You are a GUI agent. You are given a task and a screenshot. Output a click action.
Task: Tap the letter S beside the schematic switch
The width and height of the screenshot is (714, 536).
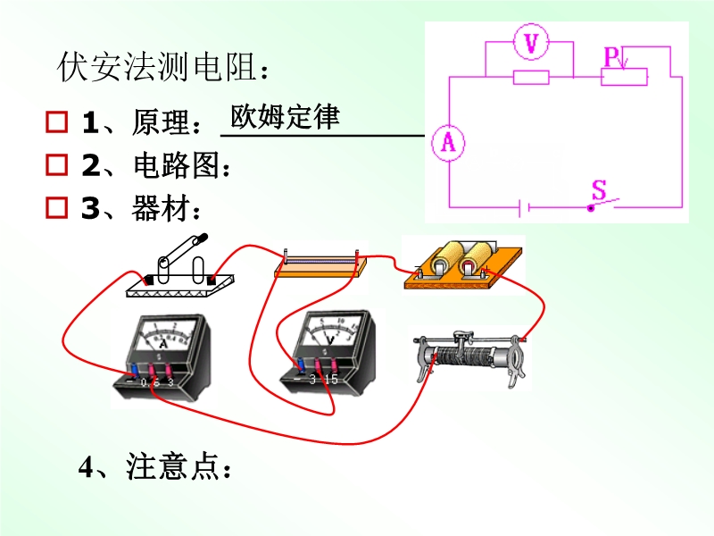599,189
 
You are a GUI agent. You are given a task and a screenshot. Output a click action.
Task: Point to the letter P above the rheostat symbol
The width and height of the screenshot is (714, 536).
611,56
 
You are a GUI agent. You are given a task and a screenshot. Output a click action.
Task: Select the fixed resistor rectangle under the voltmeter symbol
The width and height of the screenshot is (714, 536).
531,78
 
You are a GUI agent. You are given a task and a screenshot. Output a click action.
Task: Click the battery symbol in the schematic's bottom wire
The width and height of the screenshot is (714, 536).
526,208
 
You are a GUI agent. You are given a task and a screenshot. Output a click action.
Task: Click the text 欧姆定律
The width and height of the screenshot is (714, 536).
285,117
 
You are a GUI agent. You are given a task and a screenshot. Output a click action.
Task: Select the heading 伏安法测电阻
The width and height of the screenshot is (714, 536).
161,67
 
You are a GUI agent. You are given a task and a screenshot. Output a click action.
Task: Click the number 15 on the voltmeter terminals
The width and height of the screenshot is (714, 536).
331,379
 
